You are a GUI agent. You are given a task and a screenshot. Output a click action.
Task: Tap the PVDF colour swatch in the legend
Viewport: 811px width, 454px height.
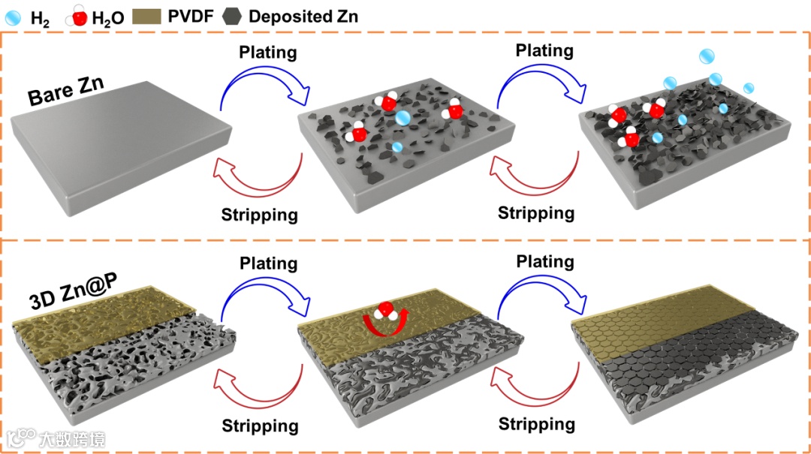148,16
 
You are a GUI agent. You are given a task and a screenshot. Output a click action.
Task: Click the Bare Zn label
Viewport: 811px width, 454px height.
66,89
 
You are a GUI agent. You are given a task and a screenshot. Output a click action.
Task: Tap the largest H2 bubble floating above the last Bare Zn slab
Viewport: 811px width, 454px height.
707,56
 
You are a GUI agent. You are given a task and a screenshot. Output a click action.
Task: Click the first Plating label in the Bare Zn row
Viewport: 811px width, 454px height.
268,53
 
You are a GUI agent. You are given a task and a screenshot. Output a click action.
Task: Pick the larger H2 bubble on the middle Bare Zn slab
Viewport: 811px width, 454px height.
402,118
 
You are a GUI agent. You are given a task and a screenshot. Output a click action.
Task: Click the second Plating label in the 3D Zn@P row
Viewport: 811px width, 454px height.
545,262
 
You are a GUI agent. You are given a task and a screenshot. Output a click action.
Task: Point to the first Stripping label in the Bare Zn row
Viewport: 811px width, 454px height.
260,215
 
